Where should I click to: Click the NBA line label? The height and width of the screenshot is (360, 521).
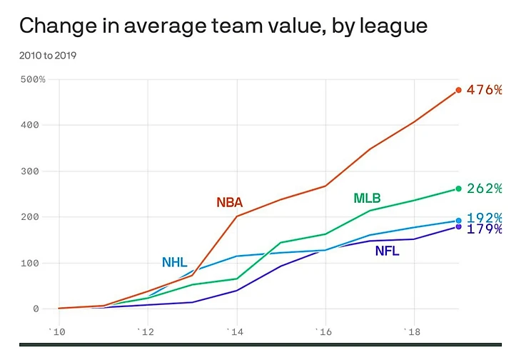click(230, 203)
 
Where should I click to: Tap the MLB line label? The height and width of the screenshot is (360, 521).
click(367, 198)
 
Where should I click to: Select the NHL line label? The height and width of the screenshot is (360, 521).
click(174, 262)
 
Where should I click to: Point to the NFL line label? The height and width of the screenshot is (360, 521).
click(387, 251)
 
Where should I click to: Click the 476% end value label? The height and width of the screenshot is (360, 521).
click(484, 90)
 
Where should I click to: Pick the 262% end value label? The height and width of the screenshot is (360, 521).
click(484, 189)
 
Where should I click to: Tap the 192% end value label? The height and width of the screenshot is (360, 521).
click(484, 218)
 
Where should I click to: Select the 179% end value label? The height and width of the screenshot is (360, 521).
click(484, 229)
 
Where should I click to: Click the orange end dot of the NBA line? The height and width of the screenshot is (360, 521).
click(458, 90)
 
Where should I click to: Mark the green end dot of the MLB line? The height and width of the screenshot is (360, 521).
click(458, 189)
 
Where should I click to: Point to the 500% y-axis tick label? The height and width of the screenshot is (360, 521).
click(32, 79)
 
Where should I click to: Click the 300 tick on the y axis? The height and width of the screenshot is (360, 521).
click(36, 171)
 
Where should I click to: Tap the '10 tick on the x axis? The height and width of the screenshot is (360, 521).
click(56, 332)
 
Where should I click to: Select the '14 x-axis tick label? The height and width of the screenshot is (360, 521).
click(234, 332)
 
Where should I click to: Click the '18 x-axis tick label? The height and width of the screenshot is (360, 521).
click(412, 332)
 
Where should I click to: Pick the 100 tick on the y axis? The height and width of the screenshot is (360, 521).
click(36, 263)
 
